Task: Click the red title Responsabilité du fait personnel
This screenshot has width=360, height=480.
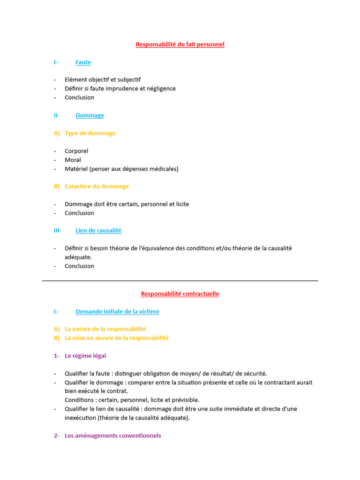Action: point(180,45)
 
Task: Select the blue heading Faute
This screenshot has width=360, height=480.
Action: point(83,62)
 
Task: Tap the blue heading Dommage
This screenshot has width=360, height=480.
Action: point(90,115)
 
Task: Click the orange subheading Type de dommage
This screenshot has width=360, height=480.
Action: point(90,133)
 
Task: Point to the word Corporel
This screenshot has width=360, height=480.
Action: point(76,151)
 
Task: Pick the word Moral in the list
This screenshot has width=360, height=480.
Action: point(73,160)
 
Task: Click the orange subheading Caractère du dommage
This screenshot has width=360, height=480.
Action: point(97,186)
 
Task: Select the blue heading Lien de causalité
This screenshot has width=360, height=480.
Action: point(98,231)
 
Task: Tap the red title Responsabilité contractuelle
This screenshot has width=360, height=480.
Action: point(180,294)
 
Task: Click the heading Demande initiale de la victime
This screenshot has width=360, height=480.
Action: point(117,312)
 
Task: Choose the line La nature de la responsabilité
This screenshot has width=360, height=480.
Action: point(105,329)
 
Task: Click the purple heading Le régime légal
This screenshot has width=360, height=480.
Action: point(85,356)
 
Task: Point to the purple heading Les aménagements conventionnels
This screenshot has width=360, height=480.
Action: point(112,435)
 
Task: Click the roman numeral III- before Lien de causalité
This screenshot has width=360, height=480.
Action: point(57,231)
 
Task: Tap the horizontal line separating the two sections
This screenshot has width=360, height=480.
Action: point(180,281)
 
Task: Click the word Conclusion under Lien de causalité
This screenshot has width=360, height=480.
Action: point(79,266)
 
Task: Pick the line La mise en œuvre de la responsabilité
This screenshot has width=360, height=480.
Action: point(117,338)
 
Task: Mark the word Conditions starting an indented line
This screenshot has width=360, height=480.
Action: point(79,400)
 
